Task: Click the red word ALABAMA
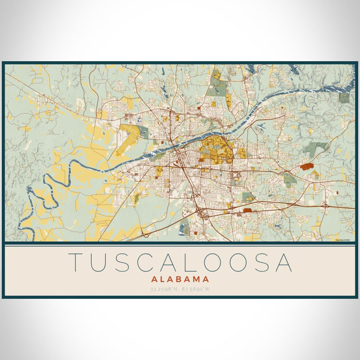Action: (x=180, y=279)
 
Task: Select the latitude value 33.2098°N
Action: (x=164, y=289)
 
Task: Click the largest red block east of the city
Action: (x=307, y=166)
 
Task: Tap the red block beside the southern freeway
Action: (x=247, y=211)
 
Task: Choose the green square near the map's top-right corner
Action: (x=343, y=97)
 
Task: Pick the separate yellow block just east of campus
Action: (x=242, y=152)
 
